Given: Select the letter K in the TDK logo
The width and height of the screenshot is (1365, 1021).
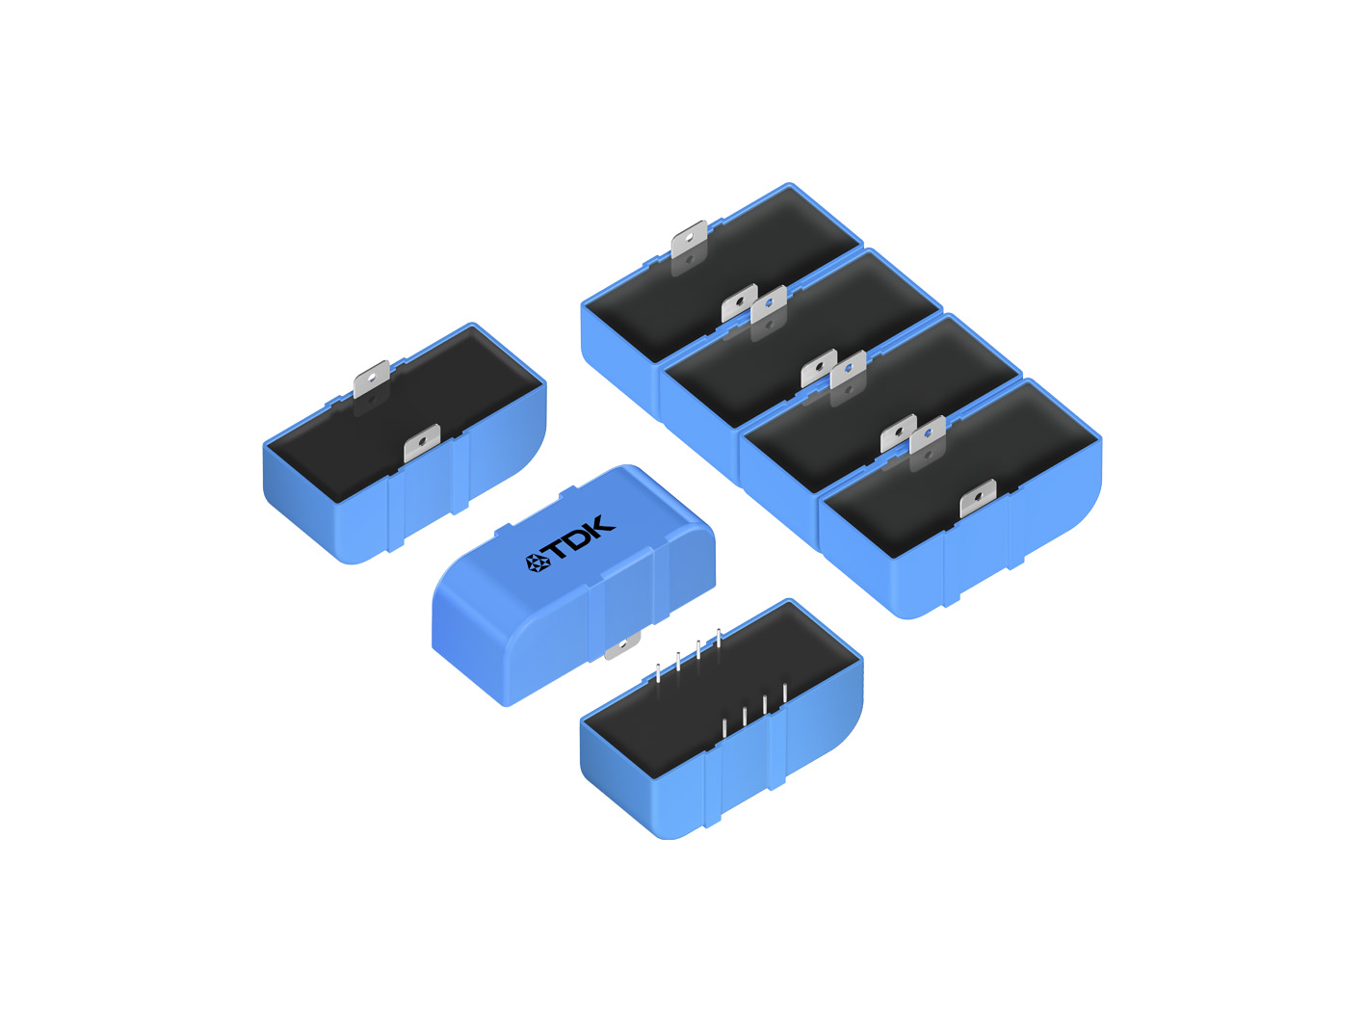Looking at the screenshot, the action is [601, 525].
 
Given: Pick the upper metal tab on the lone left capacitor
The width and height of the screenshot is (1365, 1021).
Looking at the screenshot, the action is [371, 379].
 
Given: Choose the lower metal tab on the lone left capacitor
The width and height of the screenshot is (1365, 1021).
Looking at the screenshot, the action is [422, 443].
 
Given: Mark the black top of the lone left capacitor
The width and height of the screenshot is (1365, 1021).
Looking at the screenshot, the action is [405, 413].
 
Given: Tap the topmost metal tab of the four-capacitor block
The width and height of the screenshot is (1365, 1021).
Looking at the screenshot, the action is [689, 240].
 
